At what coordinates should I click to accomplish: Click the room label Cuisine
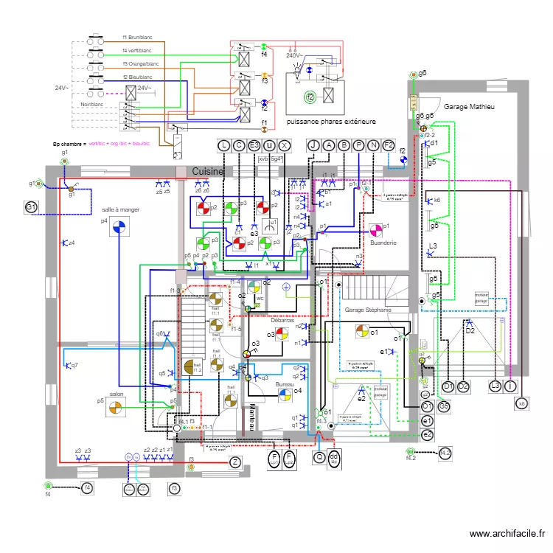[208, 170]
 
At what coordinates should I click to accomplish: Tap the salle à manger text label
[121, 209]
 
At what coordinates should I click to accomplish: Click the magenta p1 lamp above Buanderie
[372, 226]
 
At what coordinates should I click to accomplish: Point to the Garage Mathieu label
[468, 107]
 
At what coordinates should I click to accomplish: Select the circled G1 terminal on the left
[31, 207]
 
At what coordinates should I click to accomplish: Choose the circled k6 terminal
[521, 403]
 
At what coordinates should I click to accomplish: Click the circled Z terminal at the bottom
[234, 462]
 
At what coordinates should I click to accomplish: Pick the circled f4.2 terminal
[445, 453]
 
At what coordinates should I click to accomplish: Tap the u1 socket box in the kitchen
[272, 223]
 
